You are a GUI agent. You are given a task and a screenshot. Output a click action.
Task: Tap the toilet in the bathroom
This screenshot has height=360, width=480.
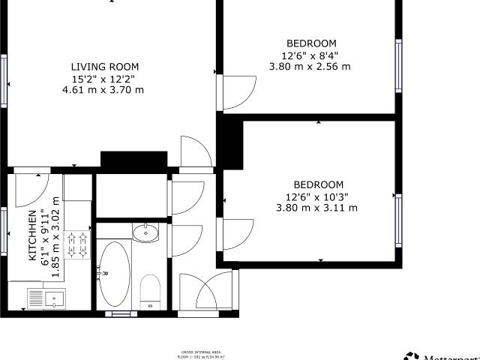coord(150,289)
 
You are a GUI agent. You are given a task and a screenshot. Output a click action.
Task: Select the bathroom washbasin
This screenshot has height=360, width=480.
coord(146,233)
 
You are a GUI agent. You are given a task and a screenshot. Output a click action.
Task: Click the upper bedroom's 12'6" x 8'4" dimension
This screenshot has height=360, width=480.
coord(309,55)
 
